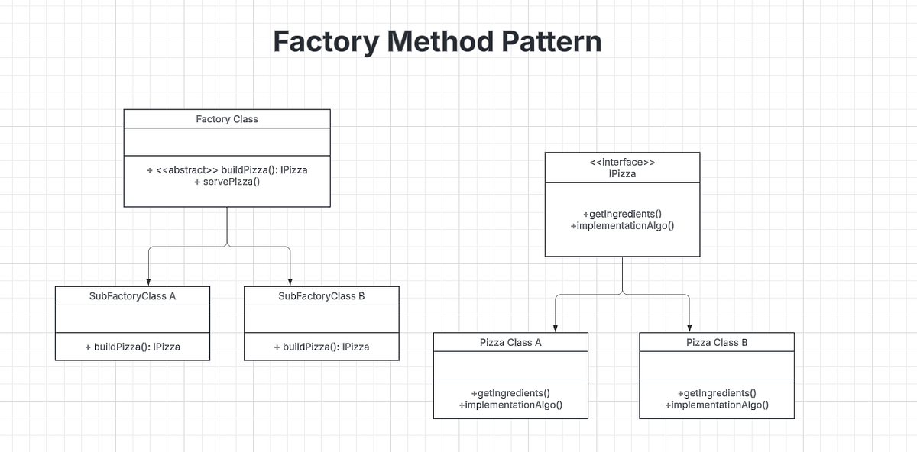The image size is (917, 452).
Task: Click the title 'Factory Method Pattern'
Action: [437, 42]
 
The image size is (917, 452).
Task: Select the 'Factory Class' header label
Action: [227, 119]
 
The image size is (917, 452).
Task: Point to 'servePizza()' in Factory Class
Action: [227, 182]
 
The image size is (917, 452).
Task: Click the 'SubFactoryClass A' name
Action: [132, 296]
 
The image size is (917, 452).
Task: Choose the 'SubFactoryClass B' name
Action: [321, 296]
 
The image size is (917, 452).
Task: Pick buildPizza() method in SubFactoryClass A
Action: [132, 347]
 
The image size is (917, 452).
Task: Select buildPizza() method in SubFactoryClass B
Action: [321, 347]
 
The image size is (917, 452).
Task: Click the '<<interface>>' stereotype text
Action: [622, 162]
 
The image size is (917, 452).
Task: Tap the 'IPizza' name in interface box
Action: [622, 174]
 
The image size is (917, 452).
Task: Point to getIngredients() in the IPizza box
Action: [622, 214]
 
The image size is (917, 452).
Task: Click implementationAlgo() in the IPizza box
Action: [622, 226]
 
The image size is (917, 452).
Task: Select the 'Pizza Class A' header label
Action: [510, 343]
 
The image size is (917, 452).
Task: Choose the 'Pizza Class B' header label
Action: [717, 343]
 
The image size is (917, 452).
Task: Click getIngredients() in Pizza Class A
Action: [510, 393]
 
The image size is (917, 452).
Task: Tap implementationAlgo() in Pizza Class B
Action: [717, 405]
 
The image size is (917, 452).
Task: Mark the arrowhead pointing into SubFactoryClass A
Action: [148, 282]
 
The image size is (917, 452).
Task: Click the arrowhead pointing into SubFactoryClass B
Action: [290, 282]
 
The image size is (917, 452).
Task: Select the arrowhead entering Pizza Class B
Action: [689, 328]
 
